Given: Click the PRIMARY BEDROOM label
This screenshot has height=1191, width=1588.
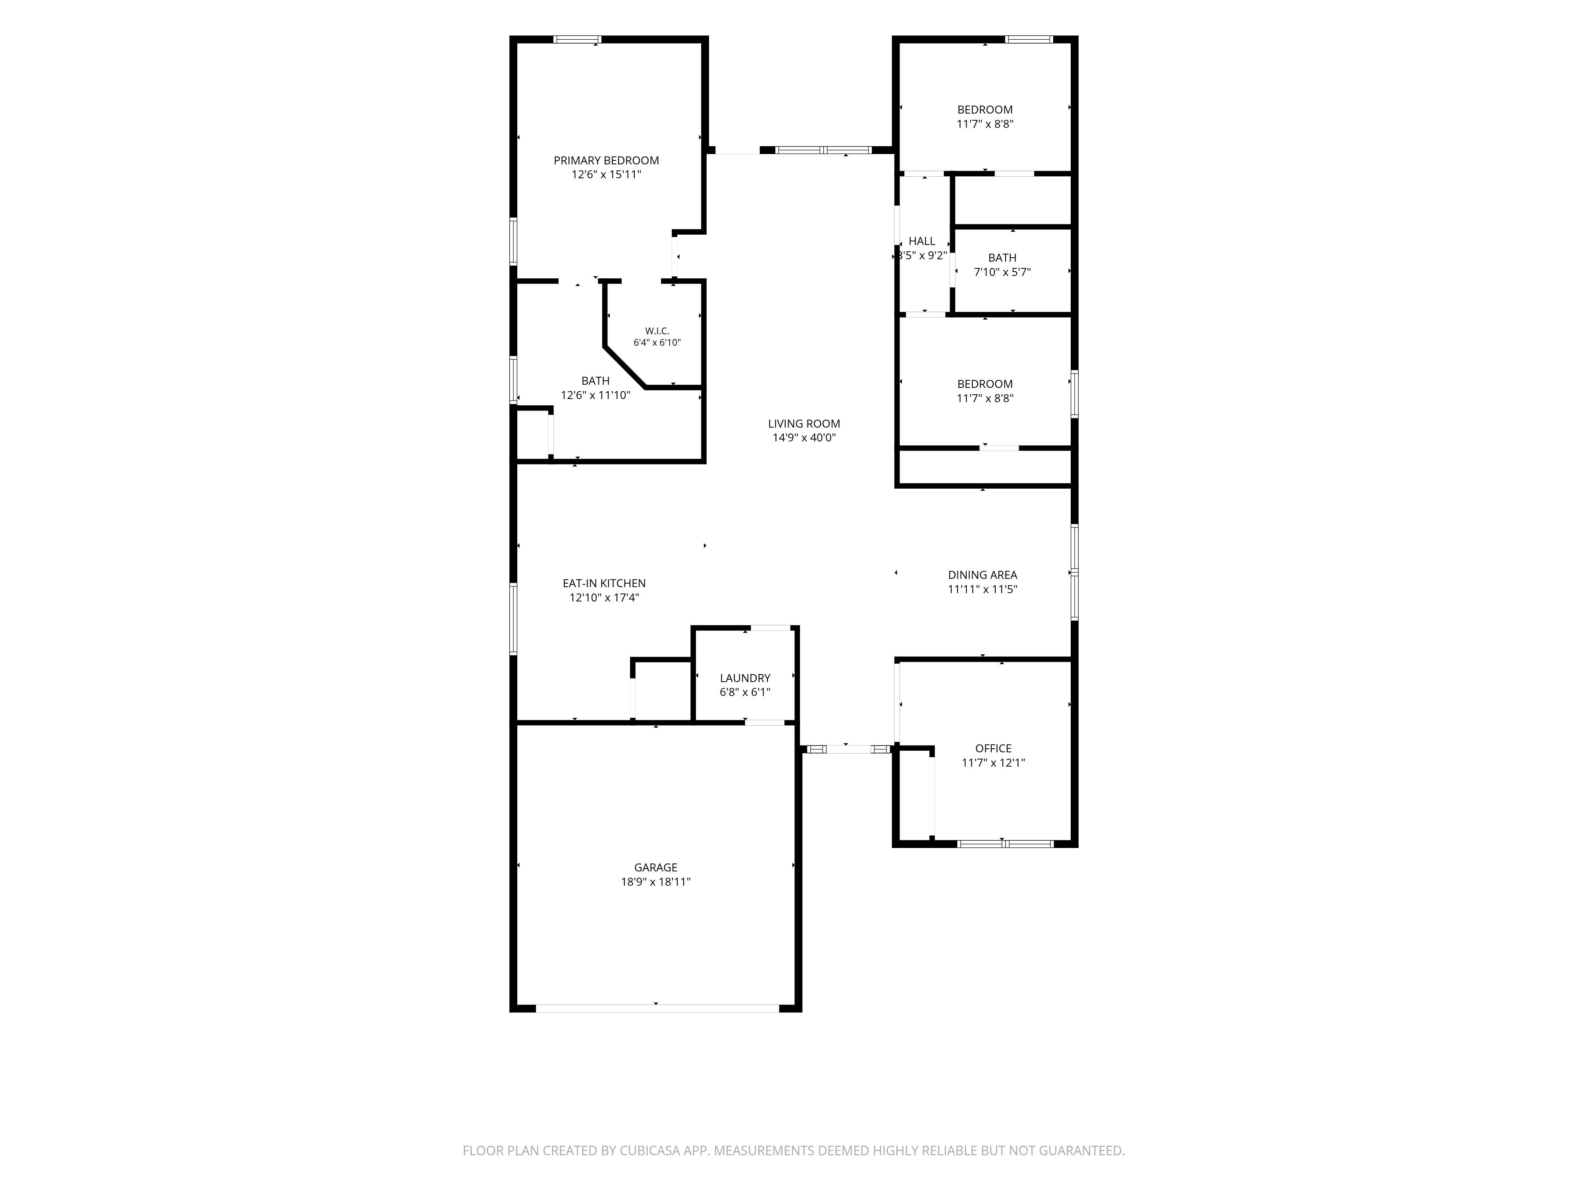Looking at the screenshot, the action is click(x=606, y=160).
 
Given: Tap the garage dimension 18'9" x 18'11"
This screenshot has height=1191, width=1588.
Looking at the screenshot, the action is click(x=655, y=882).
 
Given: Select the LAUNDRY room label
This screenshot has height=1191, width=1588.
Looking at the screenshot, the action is click(x=745, y=678).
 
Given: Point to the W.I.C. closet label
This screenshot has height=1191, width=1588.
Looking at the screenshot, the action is click(x=657, y=331).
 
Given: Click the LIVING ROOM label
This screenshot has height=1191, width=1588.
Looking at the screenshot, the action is click(x=804, y=424).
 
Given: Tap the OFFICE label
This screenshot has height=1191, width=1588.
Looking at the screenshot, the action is click(x=994, y=748).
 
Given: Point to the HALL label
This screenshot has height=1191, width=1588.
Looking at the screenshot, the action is click(x=922, y=241).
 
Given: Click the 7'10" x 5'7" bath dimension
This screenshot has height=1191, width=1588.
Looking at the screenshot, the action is click(x=1002, y=272).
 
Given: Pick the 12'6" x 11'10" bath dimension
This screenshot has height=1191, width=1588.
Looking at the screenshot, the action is click(x=595, y=395).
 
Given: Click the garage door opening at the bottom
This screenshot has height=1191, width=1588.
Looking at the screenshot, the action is click(x=657, y=1008).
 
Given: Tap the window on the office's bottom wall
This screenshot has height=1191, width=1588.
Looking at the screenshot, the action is click(x=1006, y=844).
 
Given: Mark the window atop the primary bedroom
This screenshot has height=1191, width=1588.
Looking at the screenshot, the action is click(x=577, y=39).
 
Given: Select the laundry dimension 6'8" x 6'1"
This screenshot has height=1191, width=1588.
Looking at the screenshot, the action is click(x=745, y=692).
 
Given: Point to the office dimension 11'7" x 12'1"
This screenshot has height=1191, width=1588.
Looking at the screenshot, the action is click(x=994, y=762).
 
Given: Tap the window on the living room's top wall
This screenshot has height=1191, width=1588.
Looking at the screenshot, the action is click(x=823, y=150).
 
